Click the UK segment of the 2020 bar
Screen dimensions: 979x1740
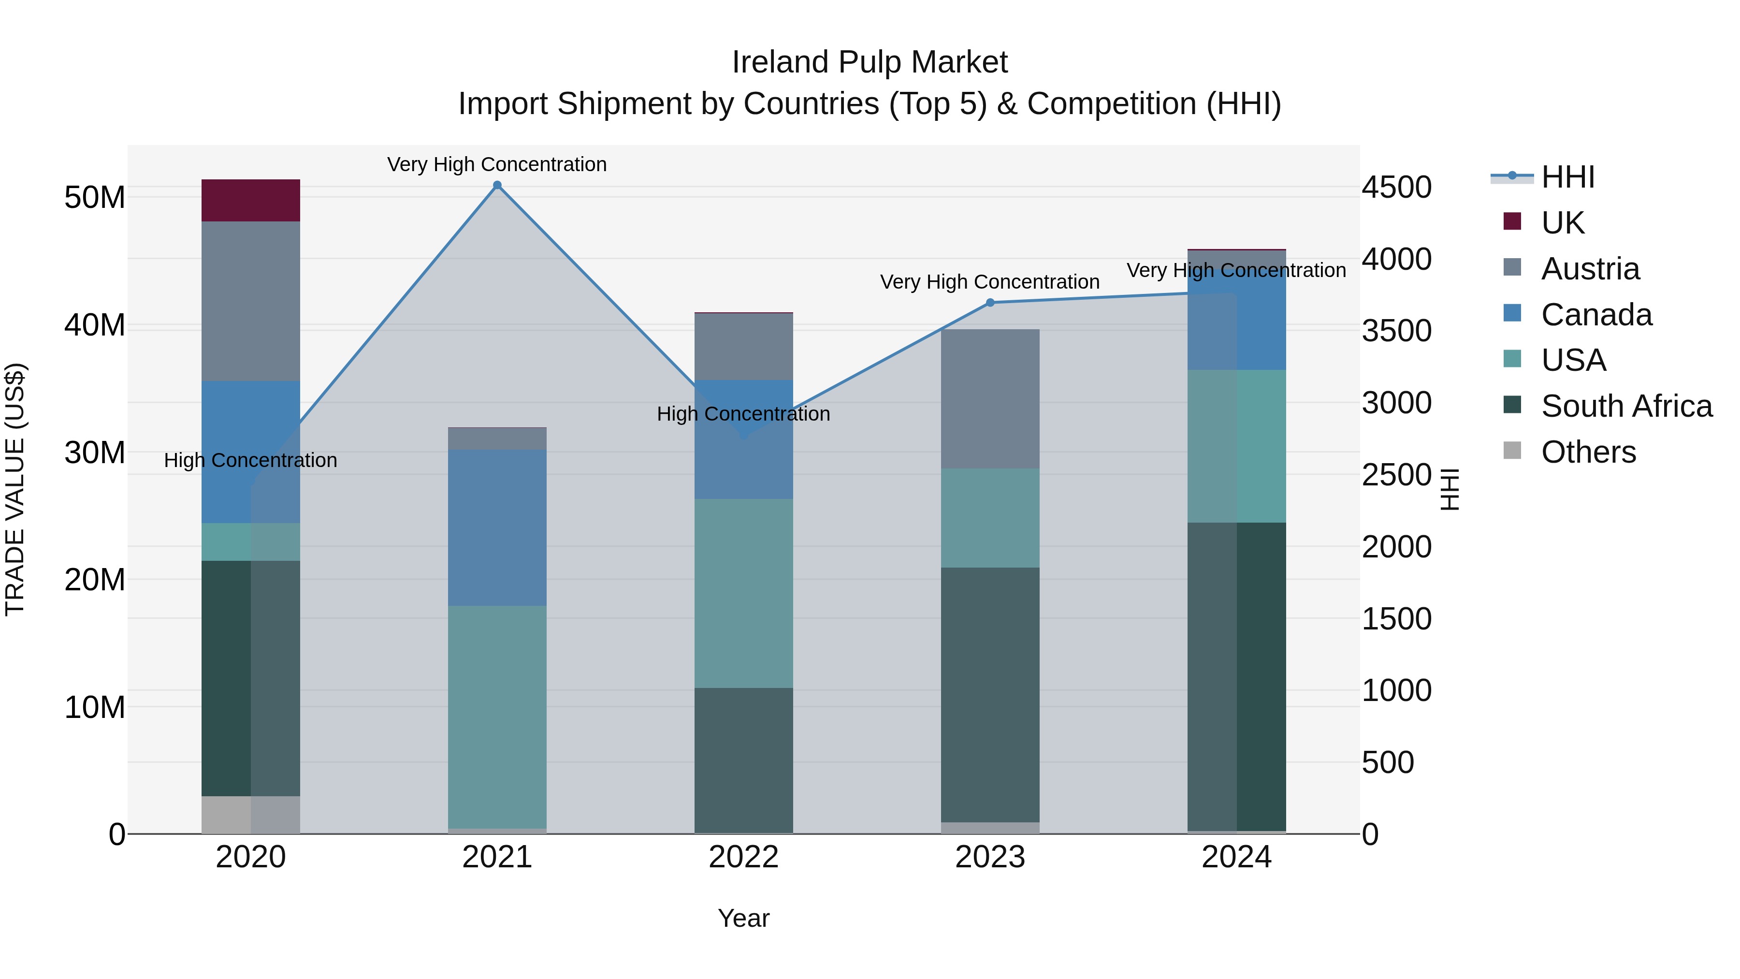(250, 200)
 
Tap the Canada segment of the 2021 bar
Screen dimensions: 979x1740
(497, 527)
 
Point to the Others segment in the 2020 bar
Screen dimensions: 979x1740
(250, 814)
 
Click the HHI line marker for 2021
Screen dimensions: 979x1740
(497, 185)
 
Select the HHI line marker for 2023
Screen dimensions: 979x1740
(990, 303)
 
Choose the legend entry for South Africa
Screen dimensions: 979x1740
(1608, 406)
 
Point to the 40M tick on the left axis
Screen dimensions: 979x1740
(95, 325)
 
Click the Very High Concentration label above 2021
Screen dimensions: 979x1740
(497, 164)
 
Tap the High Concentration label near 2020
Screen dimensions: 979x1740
(250, 460)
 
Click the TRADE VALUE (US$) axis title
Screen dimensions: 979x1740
(15, 489)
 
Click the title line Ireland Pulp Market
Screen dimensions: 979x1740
(870, 62)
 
